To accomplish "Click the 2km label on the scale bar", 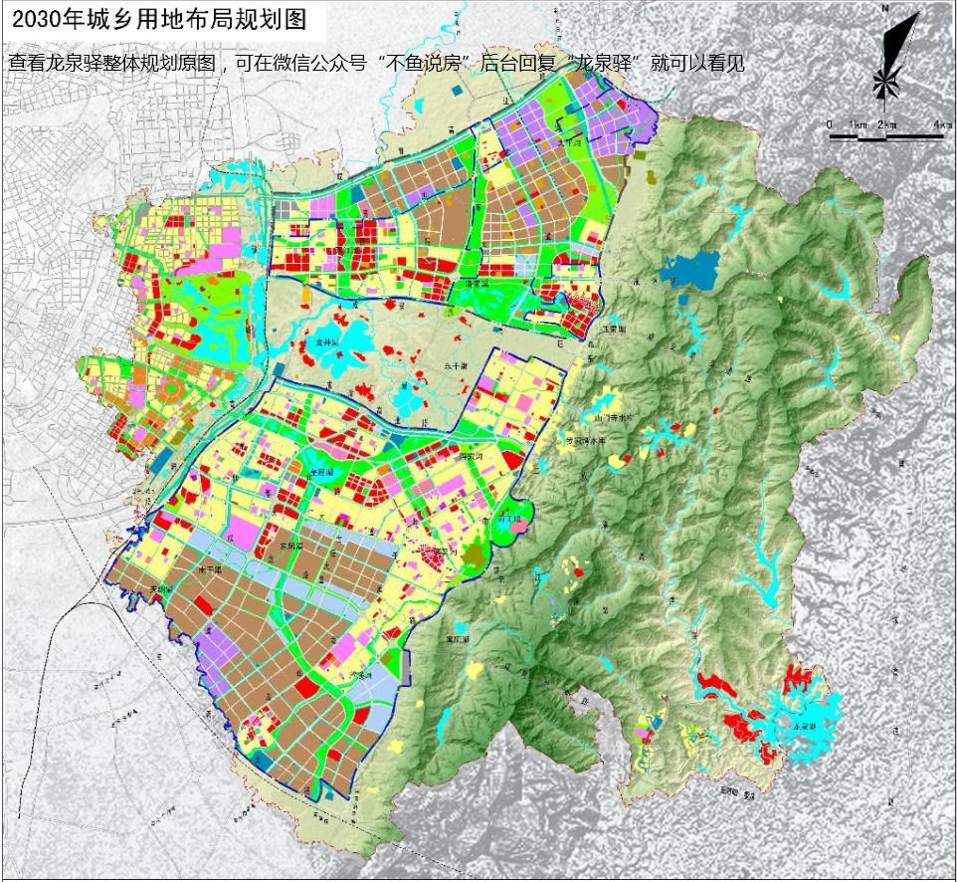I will pyautogui.click(x=887, y=123).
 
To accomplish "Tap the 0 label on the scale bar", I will pyautogui.click(x=830, y=123).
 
